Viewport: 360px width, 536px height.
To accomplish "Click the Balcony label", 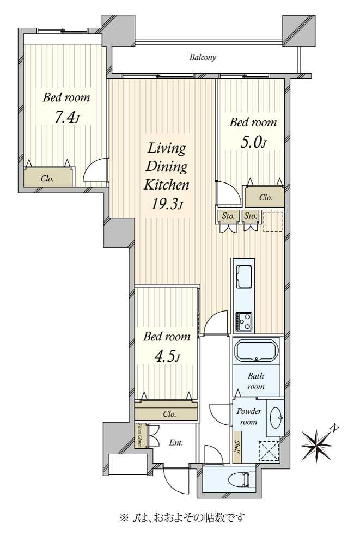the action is [203, 57].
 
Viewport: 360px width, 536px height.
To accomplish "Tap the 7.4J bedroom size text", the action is [67, 118].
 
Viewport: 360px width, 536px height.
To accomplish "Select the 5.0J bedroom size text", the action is [253, 142].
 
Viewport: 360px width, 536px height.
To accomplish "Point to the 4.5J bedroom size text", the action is [167, 357].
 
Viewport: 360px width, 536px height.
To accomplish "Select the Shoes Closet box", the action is [141, 435].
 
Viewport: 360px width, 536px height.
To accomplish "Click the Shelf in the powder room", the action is [237, 447].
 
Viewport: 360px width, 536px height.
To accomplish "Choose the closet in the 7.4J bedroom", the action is [48, 178].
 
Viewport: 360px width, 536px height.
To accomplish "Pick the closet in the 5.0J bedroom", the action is [265, 197].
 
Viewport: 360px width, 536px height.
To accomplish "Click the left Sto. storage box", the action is [228, 216].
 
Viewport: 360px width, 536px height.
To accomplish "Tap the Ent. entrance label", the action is [176, 443].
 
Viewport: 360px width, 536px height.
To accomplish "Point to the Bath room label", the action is [256, 381].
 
